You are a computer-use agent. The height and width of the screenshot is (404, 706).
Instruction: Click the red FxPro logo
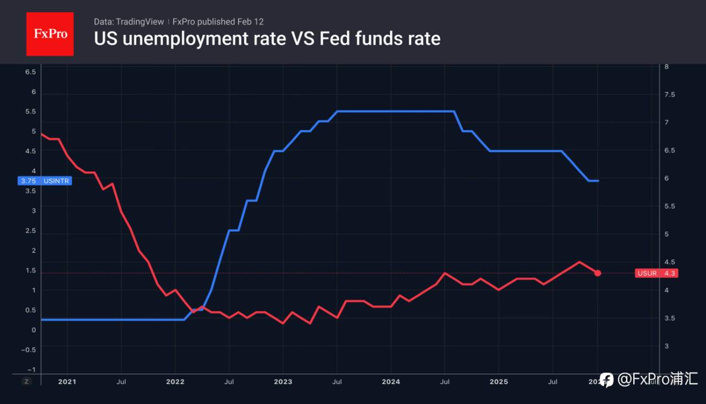[x=50, y=34]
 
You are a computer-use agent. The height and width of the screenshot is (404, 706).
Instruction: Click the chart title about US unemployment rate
[x=267, y=39]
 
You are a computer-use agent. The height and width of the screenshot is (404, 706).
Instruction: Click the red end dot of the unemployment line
[x=598, y=273]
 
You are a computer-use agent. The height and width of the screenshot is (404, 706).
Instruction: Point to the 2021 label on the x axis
[x=67, y=381]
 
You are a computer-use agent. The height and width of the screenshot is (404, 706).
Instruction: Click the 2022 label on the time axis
[x=175, y=381]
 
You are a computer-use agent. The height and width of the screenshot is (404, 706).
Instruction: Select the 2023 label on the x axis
[x=283, y=381]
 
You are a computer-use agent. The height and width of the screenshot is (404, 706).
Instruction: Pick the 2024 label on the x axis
[x=391, y=381]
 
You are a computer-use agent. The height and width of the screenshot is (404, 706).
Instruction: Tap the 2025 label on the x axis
[x=499, y=381]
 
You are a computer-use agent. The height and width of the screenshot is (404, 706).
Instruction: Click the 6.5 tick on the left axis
[x=30, y=72]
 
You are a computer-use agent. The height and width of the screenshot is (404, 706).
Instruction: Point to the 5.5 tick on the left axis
[x=30, y=111]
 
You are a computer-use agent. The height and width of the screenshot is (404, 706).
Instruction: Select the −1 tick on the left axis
[x=31, y=370]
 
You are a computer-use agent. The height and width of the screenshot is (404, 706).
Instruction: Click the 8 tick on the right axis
[x=667, y=67]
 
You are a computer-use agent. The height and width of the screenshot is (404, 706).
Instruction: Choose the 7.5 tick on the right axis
[x=670, y=95]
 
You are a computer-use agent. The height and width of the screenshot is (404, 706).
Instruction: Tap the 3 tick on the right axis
[x=667, y=346]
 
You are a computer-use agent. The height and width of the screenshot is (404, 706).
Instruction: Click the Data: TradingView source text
[x=129, y=22]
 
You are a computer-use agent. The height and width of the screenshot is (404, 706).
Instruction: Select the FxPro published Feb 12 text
[x=218, y=22]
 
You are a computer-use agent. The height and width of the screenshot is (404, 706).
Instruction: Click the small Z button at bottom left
[x=26, y=381]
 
